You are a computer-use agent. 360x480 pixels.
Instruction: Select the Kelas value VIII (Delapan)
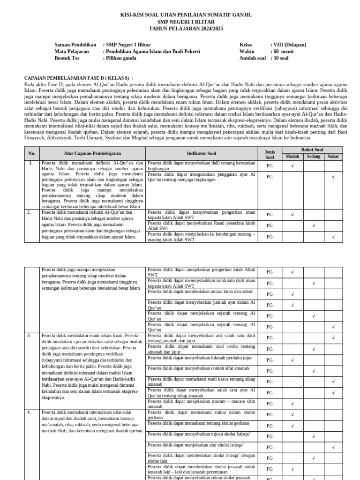pyautogui.click(x=289, y=45)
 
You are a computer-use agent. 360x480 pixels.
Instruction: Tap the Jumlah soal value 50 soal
pyautogui.click(x=281, y=58)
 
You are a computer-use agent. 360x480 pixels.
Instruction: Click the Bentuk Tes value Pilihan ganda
pyautogui.click(x=121, y=58)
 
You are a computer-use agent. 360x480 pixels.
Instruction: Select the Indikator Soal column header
pyautogui.click(x=202, y=153)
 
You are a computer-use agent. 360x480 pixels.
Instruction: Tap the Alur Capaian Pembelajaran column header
pyautogui.click(x=92, y=153)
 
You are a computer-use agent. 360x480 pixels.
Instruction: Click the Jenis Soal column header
pyautogui.click(x=270, y=153)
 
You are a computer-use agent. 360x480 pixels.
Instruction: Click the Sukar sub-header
pyautogui.click(x=333, y=157)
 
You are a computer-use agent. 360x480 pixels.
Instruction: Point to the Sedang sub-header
pyautogui.click(x=314, y=157)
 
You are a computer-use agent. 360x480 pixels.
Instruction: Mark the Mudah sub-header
pyautogui.click(x=292, y=157)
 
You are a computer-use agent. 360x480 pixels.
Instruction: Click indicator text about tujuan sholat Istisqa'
pyautogui.click(x=199, y=434)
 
